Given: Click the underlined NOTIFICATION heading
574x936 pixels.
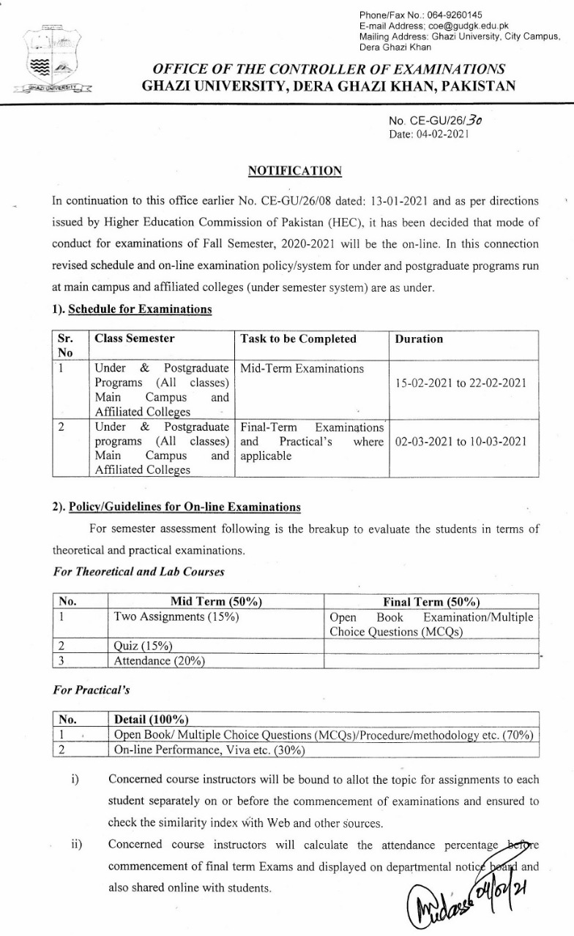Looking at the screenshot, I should coord(295,171).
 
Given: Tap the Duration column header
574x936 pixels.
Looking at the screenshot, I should coord(419,339).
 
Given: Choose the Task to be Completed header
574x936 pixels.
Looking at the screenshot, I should coord(298,339).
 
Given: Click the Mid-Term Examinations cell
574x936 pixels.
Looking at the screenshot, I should coord(302,369).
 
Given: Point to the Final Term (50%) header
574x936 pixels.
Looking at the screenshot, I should coord(431,602).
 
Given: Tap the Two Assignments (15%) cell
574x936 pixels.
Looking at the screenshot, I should coord(176,617).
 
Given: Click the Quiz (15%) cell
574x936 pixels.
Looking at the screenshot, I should coord(143,646).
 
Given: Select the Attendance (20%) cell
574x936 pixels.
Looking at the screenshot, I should coord(159,661).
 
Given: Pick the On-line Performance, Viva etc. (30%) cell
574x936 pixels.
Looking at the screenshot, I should coord(209,750).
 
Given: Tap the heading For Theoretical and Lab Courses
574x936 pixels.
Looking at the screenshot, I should coord(138,572).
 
